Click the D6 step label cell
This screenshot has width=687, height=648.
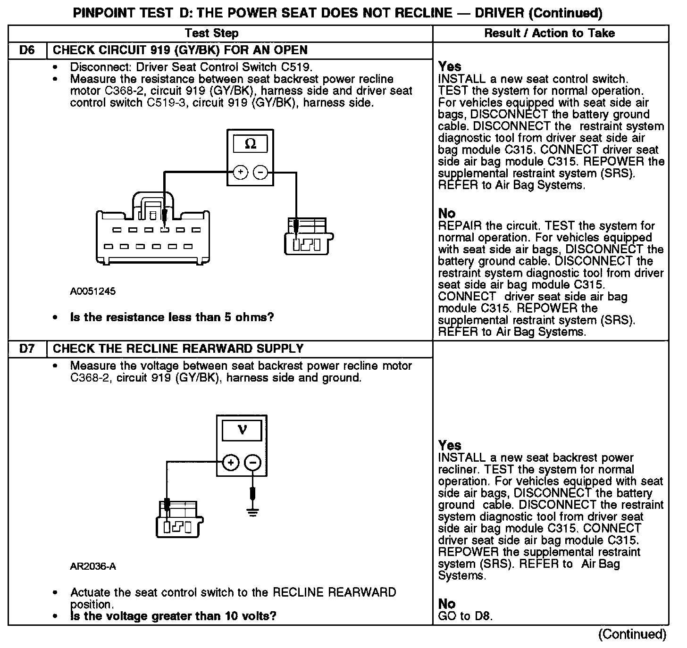coord(27,50)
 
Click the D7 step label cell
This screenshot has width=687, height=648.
coord(27,349)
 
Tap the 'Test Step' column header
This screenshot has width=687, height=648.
coord(211,33)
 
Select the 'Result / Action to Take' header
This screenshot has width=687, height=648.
coord(550,33)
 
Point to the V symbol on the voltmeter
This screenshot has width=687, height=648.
coord(242,430)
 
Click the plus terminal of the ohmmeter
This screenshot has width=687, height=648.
coord(241,173)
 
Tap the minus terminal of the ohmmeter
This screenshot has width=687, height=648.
coord(260,173)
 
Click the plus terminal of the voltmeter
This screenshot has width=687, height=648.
coord(231,463)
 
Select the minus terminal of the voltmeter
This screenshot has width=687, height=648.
coord(253,463)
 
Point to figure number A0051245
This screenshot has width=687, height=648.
coord(93,291)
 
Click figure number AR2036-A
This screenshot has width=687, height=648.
coord(93,566)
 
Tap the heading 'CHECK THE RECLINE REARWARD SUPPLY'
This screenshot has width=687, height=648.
coord(178,349)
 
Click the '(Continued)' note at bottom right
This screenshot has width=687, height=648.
coord(632,635)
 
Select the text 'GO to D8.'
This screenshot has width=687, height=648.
coord(465,616)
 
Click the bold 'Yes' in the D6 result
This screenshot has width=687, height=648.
coord(450,66)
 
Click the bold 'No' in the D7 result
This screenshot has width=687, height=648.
coord(447,604)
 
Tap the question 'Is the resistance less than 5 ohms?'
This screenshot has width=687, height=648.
coord(172,317)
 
